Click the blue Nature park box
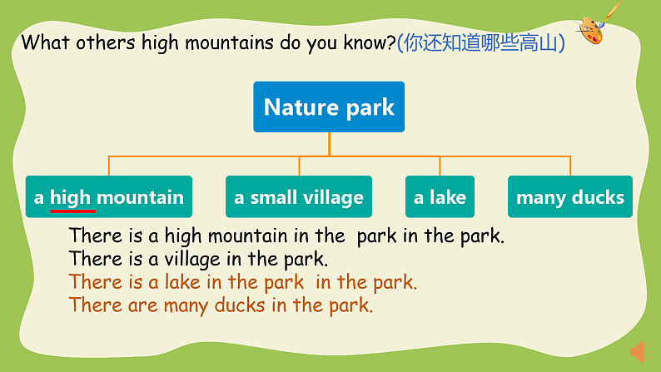pyautogui.click(x=329, y=107)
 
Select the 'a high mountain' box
pyautogui.click(x=109, y=197)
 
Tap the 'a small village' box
pyautogui.click(x=299, y=197)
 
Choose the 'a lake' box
pyautogui.click(x=440, y=197)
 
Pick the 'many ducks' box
pyautogui.click(x=569, y=197)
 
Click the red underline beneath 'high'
pyautogui.click(x=73, y=211)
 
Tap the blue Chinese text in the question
pyautogui.click(x=481, y=42)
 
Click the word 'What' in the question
pyautogui.click(x=45, y=42)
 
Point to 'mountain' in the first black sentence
pyautogui.click(x=234, y=236)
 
